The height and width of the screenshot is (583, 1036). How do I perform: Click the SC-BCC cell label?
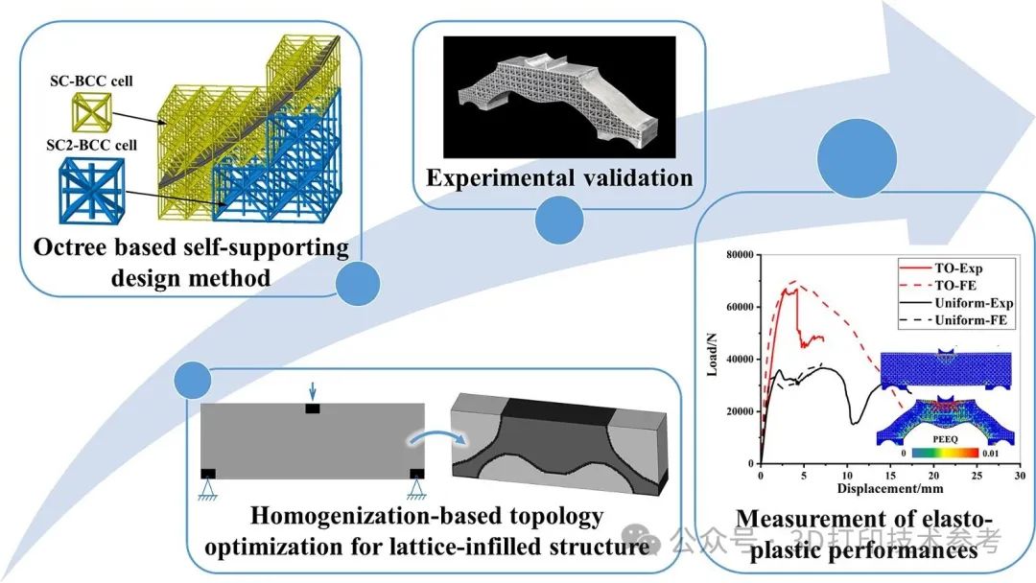point(91,82)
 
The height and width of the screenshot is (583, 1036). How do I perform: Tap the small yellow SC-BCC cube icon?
point(91,111)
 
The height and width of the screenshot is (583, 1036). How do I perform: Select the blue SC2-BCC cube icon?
point(91,190)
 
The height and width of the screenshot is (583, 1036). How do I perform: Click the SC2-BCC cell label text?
point(91,145)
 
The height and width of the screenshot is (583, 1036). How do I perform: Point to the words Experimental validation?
point(559,177)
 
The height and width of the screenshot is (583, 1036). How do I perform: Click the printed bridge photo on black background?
point(559,97)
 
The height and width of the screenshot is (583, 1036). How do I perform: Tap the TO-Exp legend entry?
point(942,268)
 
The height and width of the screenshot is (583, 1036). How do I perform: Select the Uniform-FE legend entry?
point(954,320)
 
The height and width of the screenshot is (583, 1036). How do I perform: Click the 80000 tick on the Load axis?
point(740,255)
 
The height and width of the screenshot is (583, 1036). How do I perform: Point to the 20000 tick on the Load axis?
point(740,411)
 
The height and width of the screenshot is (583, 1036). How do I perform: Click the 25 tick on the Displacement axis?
point(977,476)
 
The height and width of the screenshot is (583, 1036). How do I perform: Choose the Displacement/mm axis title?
point(890,489)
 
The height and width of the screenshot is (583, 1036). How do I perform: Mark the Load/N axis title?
point(712,354)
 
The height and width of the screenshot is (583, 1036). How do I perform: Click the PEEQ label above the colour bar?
point(945,439)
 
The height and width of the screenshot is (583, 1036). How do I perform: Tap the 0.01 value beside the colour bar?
point(990,454)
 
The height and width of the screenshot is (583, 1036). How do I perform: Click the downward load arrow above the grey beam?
point(313,390)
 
